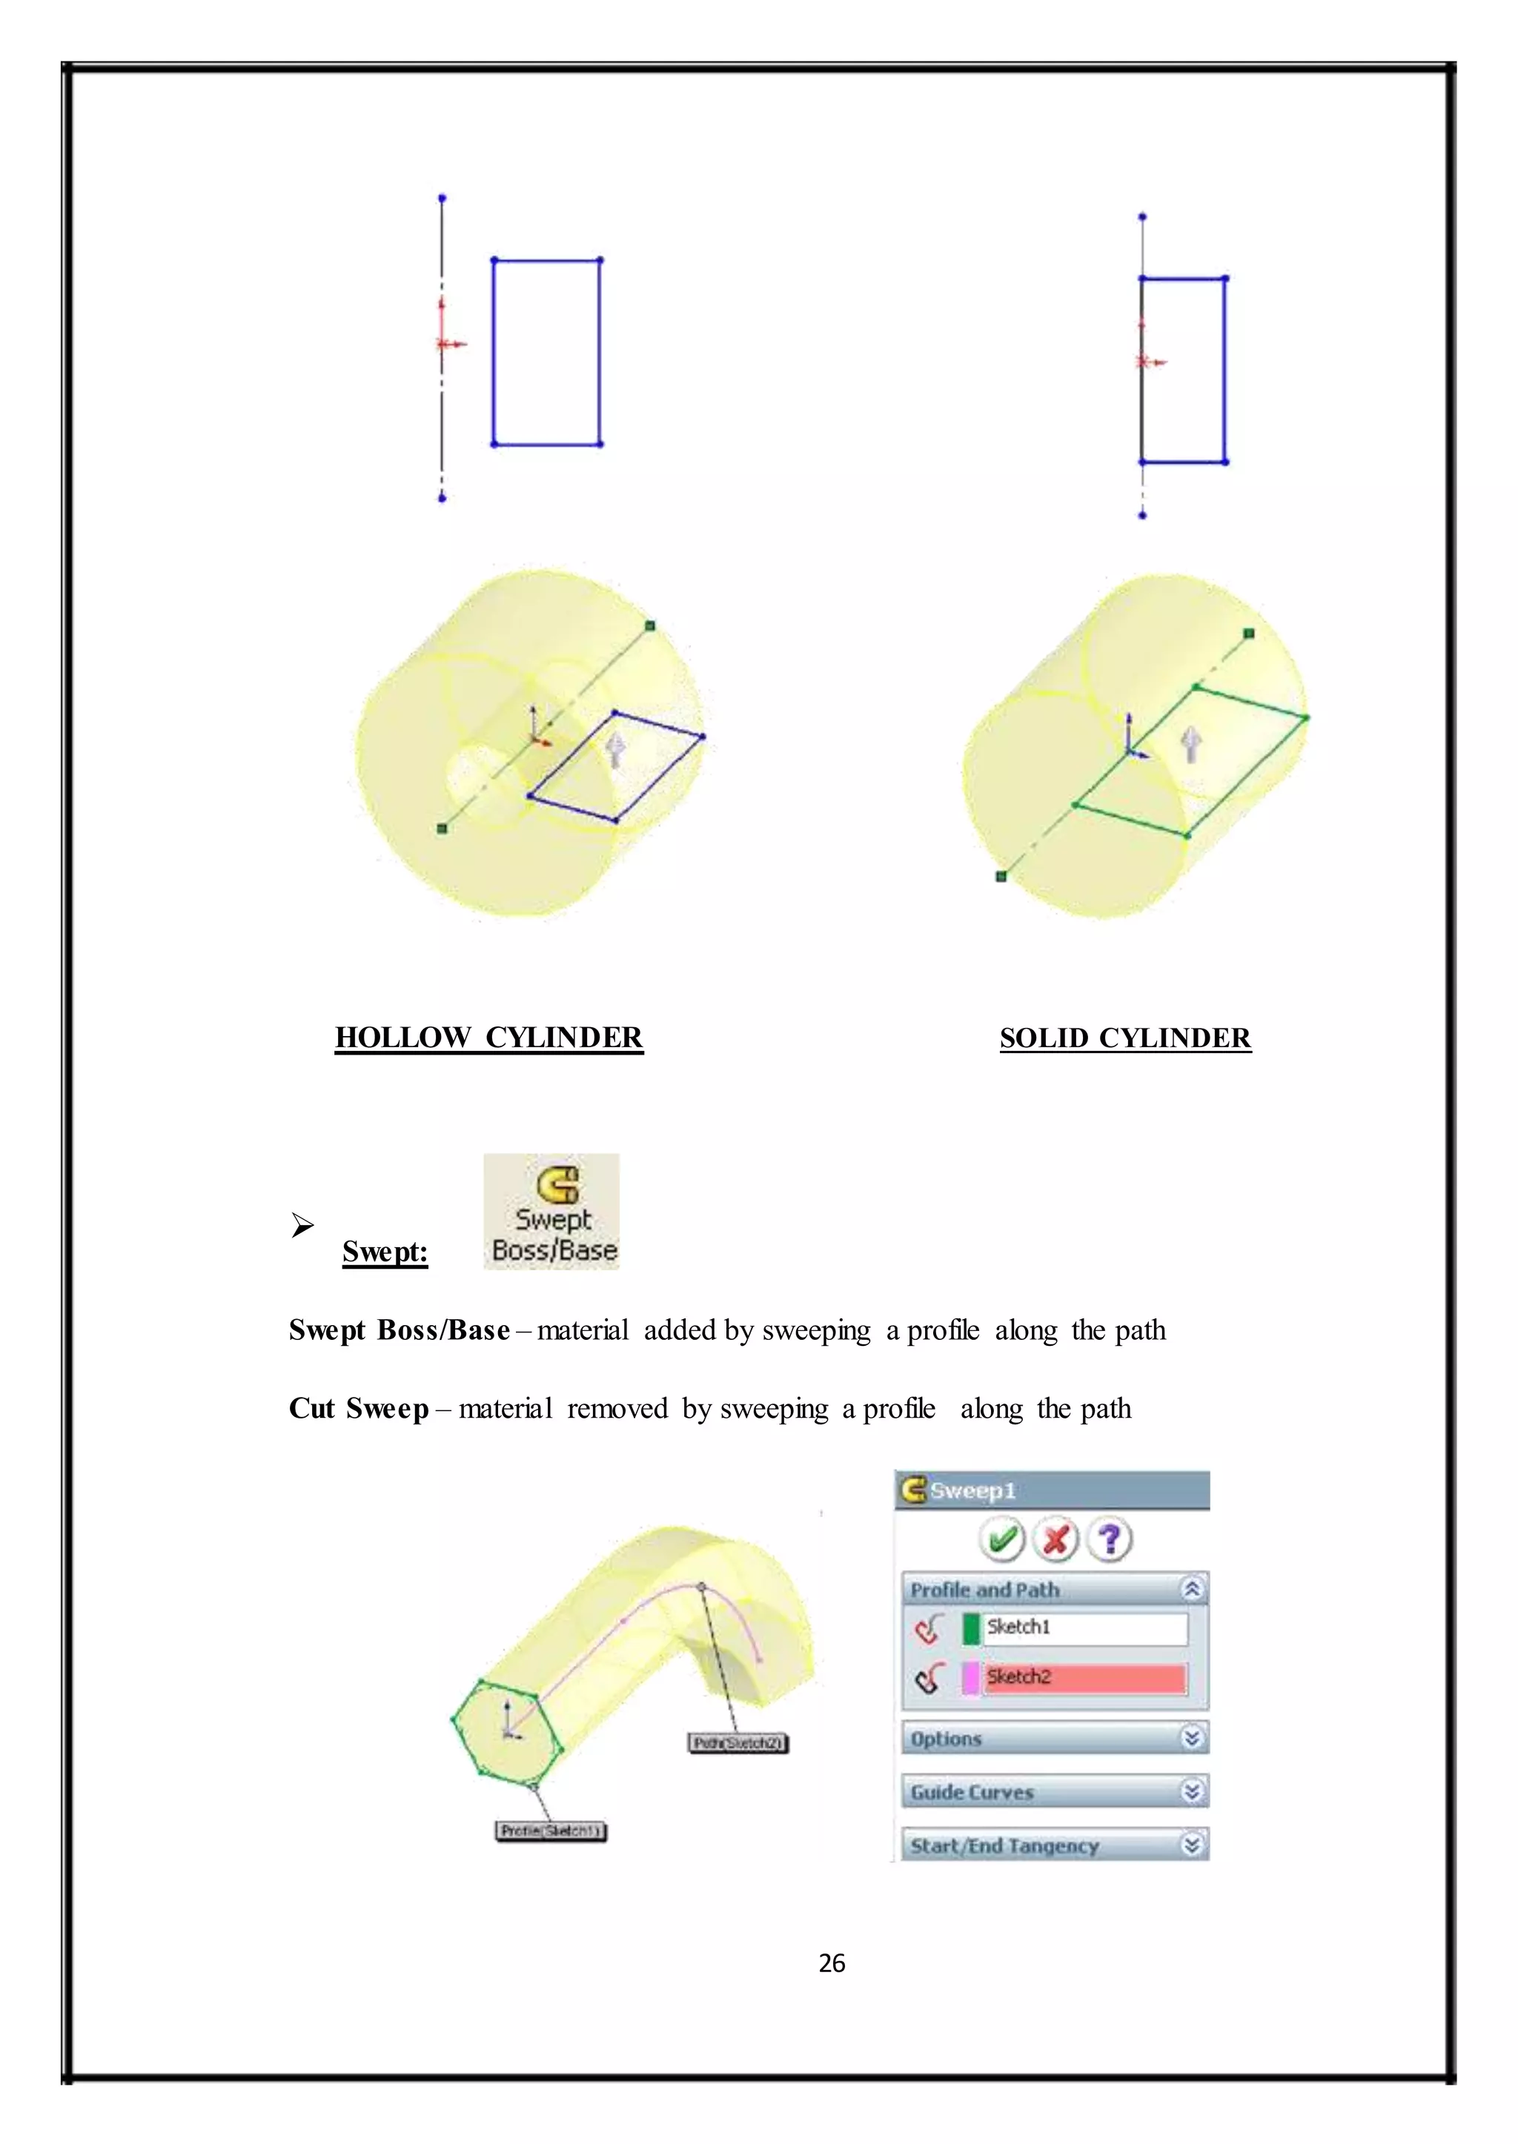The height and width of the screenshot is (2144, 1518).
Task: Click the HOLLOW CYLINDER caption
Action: pyautogui.click(x=489, y=1038)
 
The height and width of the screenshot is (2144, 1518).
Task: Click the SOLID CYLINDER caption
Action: pyautogui.click(x=1124, y=1038)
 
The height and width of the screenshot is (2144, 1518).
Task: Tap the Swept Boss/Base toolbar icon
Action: pyautogui.click(x=551, y=1211)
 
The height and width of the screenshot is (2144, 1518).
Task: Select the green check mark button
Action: pyautogui.click(x=1002, y=1539)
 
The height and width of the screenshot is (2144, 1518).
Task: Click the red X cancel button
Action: pyautogui.click(x=1055, y=1539)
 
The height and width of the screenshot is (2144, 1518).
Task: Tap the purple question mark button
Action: pyautogui.click(x=1110, y=1539)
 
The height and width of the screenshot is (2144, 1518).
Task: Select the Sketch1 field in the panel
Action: pyautogui.click(x=1084, y=1627)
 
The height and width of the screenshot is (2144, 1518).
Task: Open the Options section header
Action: pyautogui.click(x=1055, y=1739)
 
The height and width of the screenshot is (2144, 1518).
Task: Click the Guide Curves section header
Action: pyautogui.click(x=1055, y=1792)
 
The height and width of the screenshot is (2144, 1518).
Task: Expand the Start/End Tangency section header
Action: pyautogui.click(x=1055, y=1845)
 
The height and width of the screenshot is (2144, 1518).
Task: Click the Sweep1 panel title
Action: pyautogui.click(x=972, y=1490)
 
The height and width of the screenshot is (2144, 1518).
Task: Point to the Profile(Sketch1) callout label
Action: pyautogui.click(x=551, y=1831)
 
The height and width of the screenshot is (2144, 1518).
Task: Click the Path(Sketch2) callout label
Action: pyautogui.click(x=738, y=1743)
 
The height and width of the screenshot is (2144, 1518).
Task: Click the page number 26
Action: pyautogui.click(x=831, y=1962)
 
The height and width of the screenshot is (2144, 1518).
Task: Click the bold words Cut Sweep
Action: pyautogui.click(x=359, y=1409)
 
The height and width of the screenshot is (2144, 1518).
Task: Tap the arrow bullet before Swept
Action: pyautogui.click(x=302, y=1224)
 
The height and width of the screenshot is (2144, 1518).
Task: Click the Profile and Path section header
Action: pyautogui.click(x=1055, y=1590)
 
